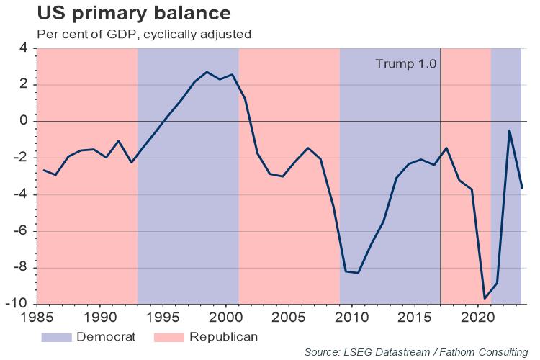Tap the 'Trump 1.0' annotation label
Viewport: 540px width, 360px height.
406,63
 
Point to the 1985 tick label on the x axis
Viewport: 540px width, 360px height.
36,315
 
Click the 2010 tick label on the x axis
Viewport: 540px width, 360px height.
352,315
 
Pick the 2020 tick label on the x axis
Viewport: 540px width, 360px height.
478,315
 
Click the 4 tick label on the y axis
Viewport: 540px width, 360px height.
23,48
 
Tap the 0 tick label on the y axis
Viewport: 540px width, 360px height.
23,122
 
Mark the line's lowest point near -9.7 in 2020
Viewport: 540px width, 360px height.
485,298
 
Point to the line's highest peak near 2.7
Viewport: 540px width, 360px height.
207,72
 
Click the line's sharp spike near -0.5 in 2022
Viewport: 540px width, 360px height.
510,130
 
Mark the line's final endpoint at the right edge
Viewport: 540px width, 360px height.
522,189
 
